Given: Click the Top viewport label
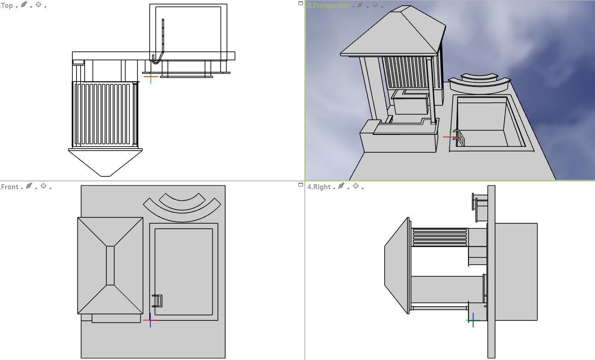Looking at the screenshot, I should coord(7,6).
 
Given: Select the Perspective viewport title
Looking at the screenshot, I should coord(328,6).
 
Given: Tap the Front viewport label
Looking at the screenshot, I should coord(10,186).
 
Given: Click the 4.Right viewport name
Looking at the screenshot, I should coord(319,186).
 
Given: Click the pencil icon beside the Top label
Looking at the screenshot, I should coord(24,5).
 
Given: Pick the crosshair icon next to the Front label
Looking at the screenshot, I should coord(44,186).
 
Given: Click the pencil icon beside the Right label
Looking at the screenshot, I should coord(341,186).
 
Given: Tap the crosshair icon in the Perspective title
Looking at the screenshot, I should coord(375,5).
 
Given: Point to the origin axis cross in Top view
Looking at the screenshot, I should coord(151,77).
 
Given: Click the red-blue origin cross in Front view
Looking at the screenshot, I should coord(150,320).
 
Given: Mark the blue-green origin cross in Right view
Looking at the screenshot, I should coord(473,320).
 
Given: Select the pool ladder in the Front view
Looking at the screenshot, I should coord(157,301).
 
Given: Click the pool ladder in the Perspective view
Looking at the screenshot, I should coord(458,137).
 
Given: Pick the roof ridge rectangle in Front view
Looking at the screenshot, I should coord(110,266).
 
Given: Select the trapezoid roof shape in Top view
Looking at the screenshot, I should coord(105,161).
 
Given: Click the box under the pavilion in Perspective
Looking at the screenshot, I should coord(409,104).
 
